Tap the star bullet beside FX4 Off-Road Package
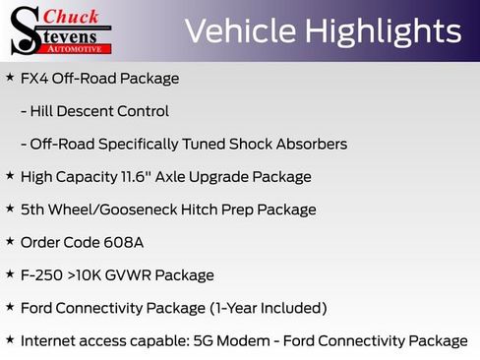(x=10, y=77)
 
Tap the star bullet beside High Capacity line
(x=10, y=176)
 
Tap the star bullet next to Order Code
(x=10, y=241)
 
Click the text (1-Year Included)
(x=268, y=308)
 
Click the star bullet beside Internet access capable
(x=10, y=340)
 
